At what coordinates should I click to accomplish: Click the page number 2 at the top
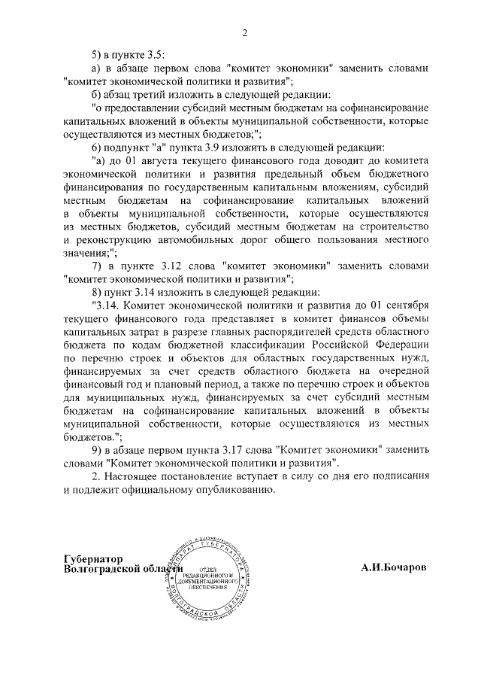click(x=244, y=32)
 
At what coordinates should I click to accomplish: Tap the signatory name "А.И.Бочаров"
click(x=393, y=568)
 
